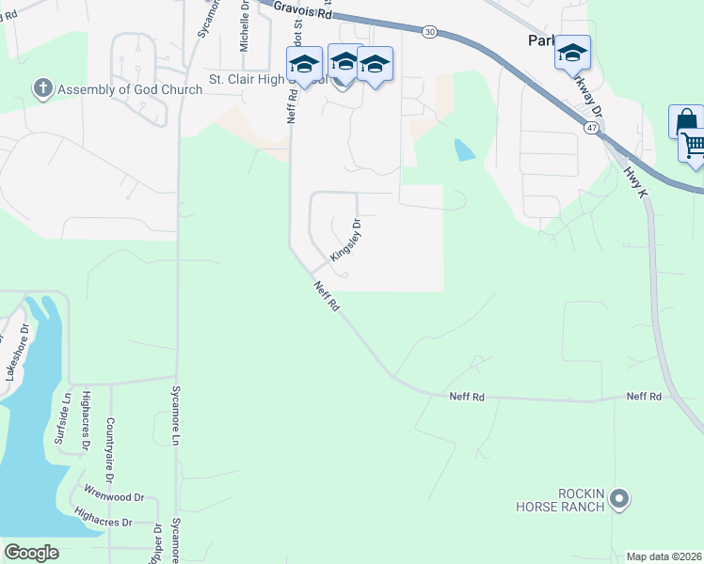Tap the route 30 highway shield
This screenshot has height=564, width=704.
430,32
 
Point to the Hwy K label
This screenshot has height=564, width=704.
636,181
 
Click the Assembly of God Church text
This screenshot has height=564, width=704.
129,90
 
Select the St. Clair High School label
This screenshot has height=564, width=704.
262,78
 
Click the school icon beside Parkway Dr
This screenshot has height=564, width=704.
571,53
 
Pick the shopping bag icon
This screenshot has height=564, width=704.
686,122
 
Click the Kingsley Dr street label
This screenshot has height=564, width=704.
346,241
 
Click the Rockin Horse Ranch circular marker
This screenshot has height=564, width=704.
618,498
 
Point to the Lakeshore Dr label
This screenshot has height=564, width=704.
12,350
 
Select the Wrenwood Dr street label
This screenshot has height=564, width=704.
114,494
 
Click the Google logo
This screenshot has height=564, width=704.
31,553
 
